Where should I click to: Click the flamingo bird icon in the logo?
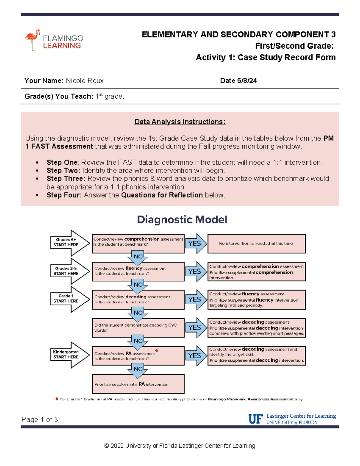click(32, 39)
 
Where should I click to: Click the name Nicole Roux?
click(85, 81)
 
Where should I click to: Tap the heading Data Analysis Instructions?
click(180, 122)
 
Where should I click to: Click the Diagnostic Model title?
click(182, 220)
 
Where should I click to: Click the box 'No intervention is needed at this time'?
click(256, 243)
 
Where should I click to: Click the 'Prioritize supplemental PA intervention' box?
click(138, 384)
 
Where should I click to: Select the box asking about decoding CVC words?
click(138, 328)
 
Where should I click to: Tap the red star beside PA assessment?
click(157, 350)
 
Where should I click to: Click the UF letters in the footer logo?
click(256, 419)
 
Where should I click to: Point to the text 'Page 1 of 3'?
click(40, 419)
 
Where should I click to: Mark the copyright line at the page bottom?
click(180, 446)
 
